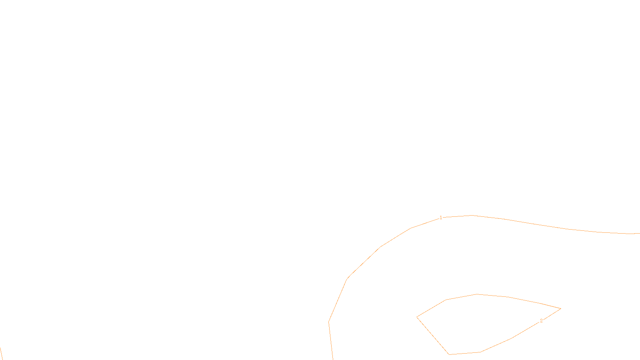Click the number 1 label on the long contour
tap(441, 218)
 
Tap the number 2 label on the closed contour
tap(541, 321)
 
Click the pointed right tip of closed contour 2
tap(560, 308)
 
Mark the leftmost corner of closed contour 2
tap(417, 317)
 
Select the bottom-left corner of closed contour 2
tap(449, 354)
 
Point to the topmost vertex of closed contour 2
tap(476, 294)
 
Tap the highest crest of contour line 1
tap(472, 216)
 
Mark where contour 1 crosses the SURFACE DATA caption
tap(332, 353)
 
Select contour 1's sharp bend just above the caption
tap(329, 322)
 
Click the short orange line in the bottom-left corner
tap(1, 354)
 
